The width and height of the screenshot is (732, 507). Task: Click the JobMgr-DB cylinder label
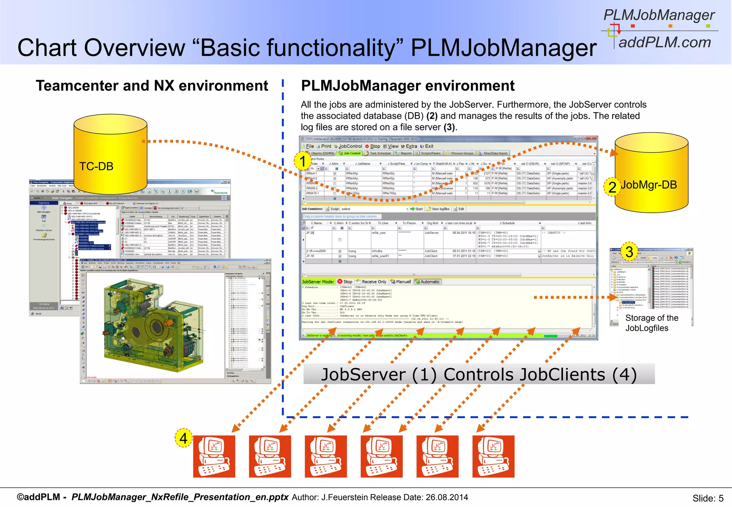click(648, 185)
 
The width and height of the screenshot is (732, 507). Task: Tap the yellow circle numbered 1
click(302, 161)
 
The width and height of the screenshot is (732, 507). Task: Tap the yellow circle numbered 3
click(629, 252)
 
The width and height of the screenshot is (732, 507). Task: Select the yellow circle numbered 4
click(183, 438)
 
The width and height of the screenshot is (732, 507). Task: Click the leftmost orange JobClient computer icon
click(214, 456)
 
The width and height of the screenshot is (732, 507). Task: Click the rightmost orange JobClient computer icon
click(493, 456)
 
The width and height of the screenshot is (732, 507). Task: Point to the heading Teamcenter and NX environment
click(152, 86)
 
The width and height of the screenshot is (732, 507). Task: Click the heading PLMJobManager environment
click(407, 86)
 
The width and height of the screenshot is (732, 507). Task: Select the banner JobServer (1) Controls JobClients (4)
click(479, 374)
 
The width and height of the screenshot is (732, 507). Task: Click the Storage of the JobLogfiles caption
click(651, 323)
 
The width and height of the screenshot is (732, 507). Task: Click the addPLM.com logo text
click(665, 43)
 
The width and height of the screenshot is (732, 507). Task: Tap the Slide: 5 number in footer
click(708, 498)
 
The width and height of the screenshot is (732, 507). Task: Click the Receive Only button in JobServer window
click(371, 282)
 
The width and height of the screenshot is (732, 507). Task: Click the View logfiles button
click(438, 209)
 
